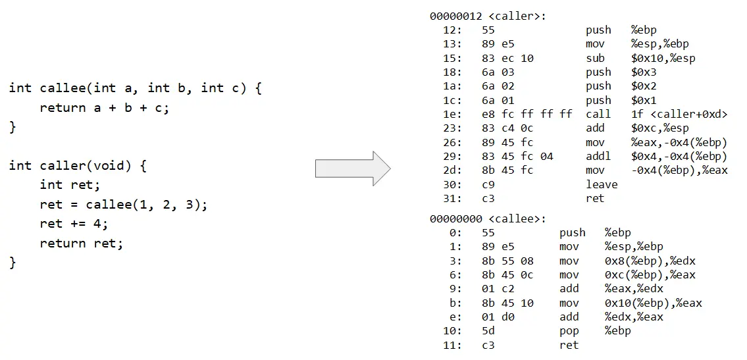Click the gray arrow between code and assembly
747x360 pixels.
[x=352, y=168]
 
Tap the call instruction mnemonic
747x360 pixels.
[x=598, y=114]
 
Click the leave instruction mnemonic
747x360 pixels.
[x=602, y=184]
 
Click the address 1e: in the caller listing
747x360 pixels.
[x=453, y=114]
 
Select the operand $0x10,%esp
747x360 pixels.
[x=663, y=58]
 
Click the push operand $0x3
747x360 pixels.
[x=644, y=72]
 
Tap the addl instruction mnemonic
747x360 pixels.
[x=598, y=156]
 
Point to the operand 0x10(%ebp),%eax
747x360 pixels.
[x=654, y=303]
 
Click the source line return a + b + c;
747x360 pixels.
[x=105, y=108]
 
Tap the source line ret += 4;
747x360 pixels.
[x=74, y=224]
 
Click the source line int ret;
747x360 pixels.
[x=70, y=185]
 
